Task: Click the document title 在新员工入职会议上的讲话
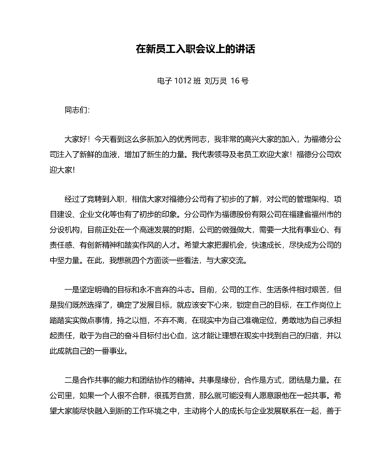[x=195, y=50]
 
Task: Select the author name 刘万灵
[x=217, y=81]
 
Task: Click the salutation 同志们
[x=76, y=110]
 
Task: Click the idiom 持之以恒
[x=149, y=315]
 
